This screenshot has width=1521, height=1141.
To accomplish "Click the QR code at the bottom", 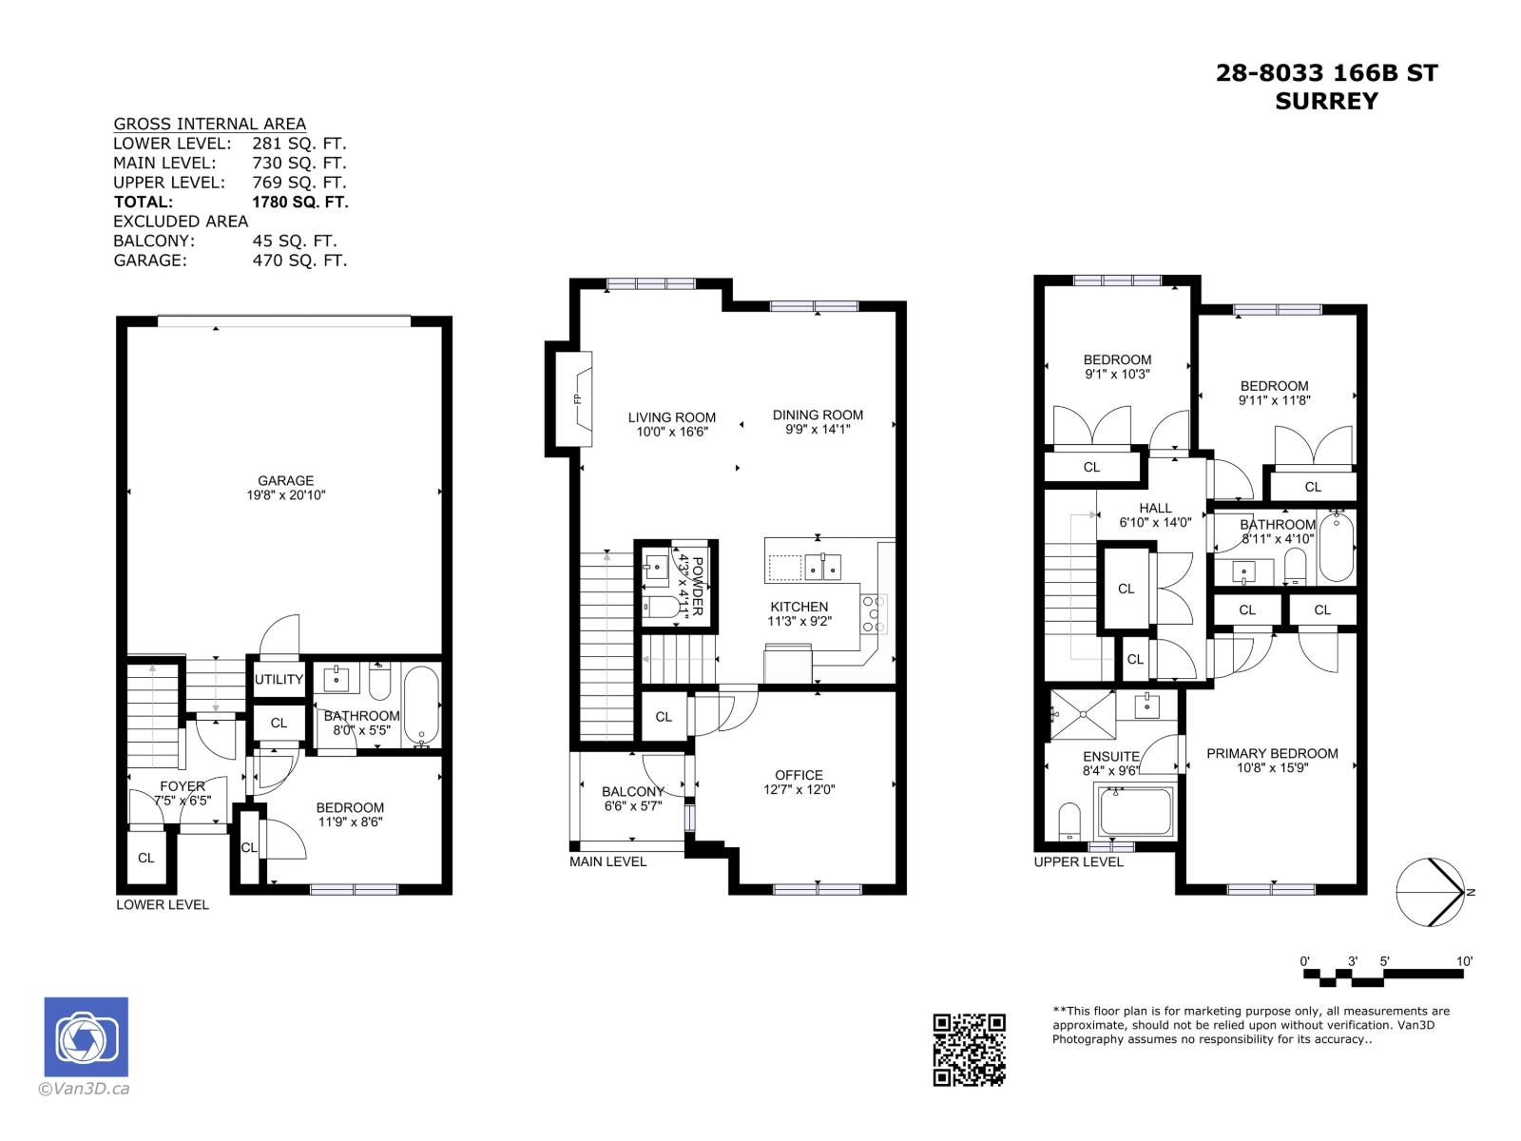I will point(969,1050).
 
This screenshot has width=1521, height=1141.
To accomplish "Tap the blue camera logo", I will point(86,1037).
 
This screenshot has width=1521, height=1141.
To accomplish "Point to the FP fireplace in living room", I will point(577,399).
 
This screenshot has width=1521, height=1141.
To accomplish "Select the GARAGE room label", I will point(285,481).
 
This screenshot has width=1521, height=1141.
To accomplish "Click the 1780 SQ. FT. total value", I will point(299,202).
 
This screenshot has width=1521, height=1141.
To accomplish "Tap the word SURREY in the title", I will point(1326,101).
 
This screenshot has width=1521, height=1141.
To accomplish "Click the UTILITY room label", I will point(279,679).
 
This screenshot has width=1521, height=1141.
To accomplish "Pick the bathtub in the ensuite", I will point(1136,811).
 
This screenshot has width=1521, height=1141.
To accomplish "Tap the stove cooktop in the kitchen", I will point(874,614).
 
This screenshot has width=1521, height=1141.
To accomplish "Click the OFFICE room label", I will point(799,775).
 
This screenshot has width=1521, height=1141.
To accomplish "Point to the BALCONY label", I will point(632,791).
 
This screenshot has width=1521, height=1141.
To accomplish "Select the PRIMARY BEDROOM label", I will point(1272,753).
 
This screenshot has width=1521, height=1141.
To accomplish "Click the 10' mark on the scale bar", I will point(1464,961).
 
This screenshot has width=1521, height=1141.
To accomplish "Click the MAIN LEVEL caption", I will point(607,861).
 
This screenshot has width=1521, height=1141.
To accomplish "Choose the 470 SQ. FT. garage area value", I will point(299,260).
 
